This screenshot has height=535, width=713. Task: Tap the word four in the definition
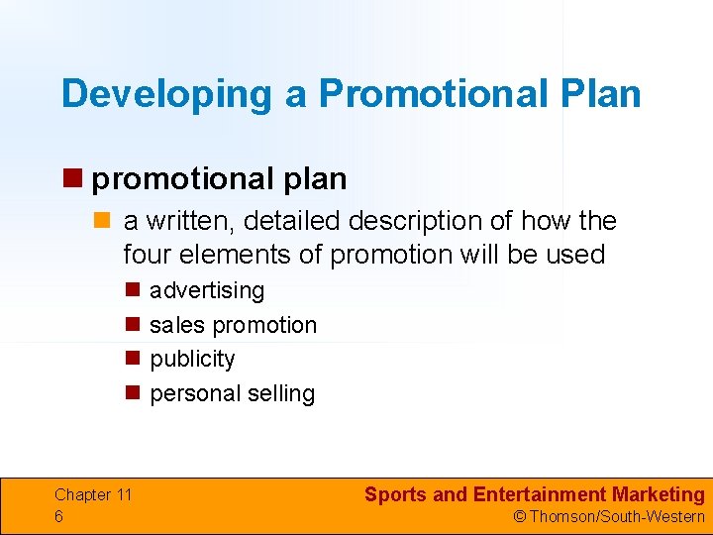coord(146,255)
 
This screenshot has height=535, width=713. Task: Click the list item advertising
coord(207,290)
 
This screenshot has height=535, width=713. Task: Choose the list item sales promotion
coord(233,325)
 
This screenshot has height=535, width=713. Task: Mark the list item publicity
coord(192,359)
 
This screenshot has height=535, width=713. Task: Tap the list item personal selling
coord(232,393)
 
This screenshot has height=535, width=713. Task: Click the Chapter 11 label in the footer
coord(93,494)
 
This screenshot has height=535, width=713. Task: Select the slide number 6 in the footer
coord(59,516)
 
